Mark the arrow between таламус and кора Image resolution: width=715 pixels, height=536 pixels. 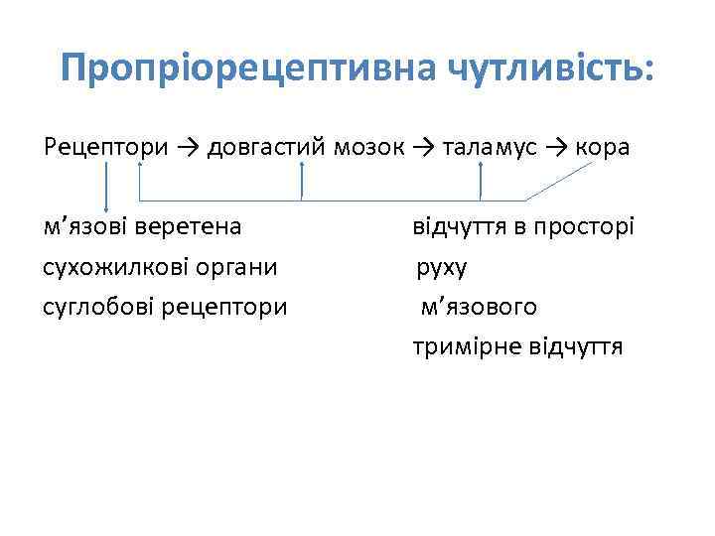click(x=554, y=148)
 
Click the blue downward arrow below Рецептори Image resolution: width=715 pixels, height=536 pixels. click(x=107, y=189)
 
